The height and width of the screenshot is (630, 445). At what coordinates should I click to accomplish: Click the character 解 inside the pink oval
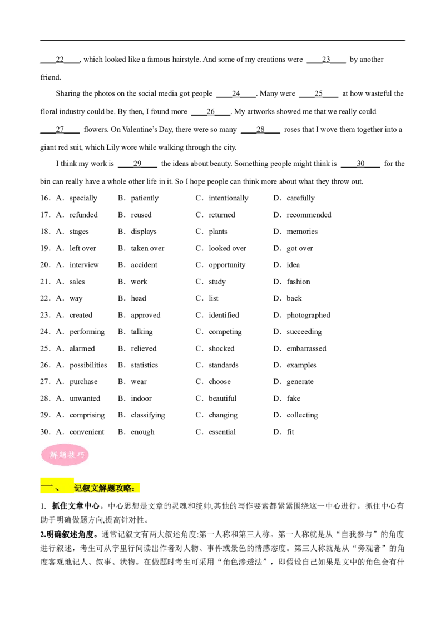click(x=53, y=455)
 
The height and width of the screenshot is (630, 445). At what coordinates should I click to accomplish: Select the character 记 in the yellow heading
click(x=78, y=488)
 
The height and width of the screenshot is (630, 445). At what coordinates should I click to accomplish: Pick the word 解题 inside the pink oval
click(x=58, y=455)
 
